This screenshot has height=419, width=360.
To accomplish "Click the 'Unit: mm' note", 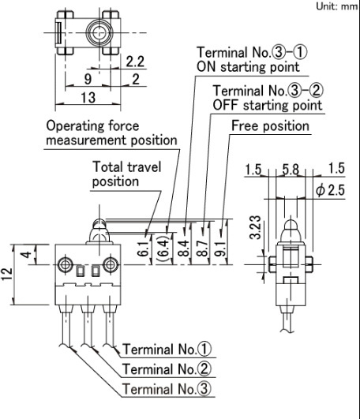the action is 337,6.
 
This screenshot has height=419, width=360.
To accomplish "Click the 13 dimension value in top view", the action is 88,97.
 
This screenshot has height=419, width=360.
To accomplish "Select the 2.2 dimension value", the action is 135,62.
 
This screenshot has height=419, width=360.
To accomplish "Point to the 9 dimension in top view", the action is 88,79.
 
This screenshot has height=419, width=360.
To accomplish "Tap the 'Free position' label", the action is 270,126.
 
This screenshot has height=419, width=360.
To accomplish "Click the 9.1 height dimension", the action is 221,249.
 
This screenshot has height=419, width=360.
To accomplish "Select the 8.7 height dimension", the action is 203,249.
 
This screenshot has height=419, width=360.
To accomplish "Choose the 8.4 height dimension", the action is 184,249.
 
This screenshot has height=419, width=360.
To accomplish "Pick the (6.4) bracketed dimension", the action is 163,249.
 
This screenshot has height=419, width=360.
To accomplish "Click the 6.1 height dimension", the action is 143,249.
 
